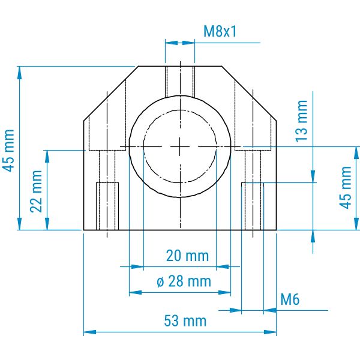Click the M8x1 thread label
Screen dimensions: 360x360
pos(220,31)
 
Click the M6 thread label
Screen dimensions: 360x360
pos(290,299)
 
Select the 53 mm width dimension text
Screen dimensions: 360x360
pos(185,321)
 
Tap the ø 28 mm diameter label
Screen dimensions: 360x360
pos(184,281)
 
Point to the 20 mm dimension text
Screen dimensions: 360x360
pos(187,256)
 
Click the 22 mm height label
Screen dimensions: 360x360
pos(36,191)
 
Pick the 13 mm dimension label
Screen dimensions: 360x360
pos(301,121)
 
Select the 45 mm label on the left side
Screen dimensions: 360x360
pos(8,151)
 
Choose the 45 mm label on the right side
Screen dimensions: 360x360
pos(346,188)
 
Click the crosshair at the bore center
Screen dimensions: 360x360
pos(180,146)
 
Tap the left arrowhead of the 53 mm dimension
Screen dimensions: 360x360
pos(90,332)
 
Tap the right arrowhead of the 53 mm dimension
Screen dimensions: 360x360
pos(270,332)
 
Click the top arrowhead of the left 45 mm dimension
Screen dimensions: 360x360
pos(20,73)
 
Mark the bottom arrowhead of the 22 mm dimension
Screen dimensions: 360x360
pos(47,224)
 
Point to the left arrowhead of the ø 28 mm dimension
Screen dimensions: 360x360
pos(136,293)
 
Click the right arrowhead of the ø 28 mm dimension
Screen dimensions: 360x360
pos(224,293)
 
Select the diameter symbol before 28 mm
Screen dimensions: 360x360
pos(160,282)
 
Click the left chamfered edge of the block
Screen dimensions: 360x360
pos(111,94)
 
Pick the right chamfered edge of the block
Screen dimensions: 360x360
pos(249,94)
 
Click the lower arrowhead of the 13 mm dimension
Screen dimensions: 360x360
pos(313,176)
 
